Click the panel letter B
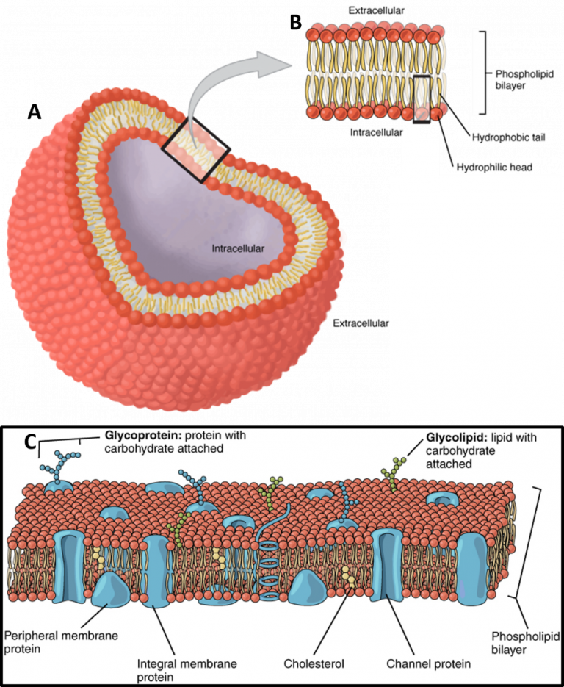[x=297, y=22]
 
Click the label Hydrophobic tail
[x=509, y=138]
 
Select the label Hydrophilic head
[x=494, y=168]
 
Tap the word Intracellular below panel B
[x=376, y=132]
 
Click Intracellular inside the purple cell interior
[x=238, y=248]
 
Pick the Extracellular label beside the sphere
[x=361, y=323]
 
